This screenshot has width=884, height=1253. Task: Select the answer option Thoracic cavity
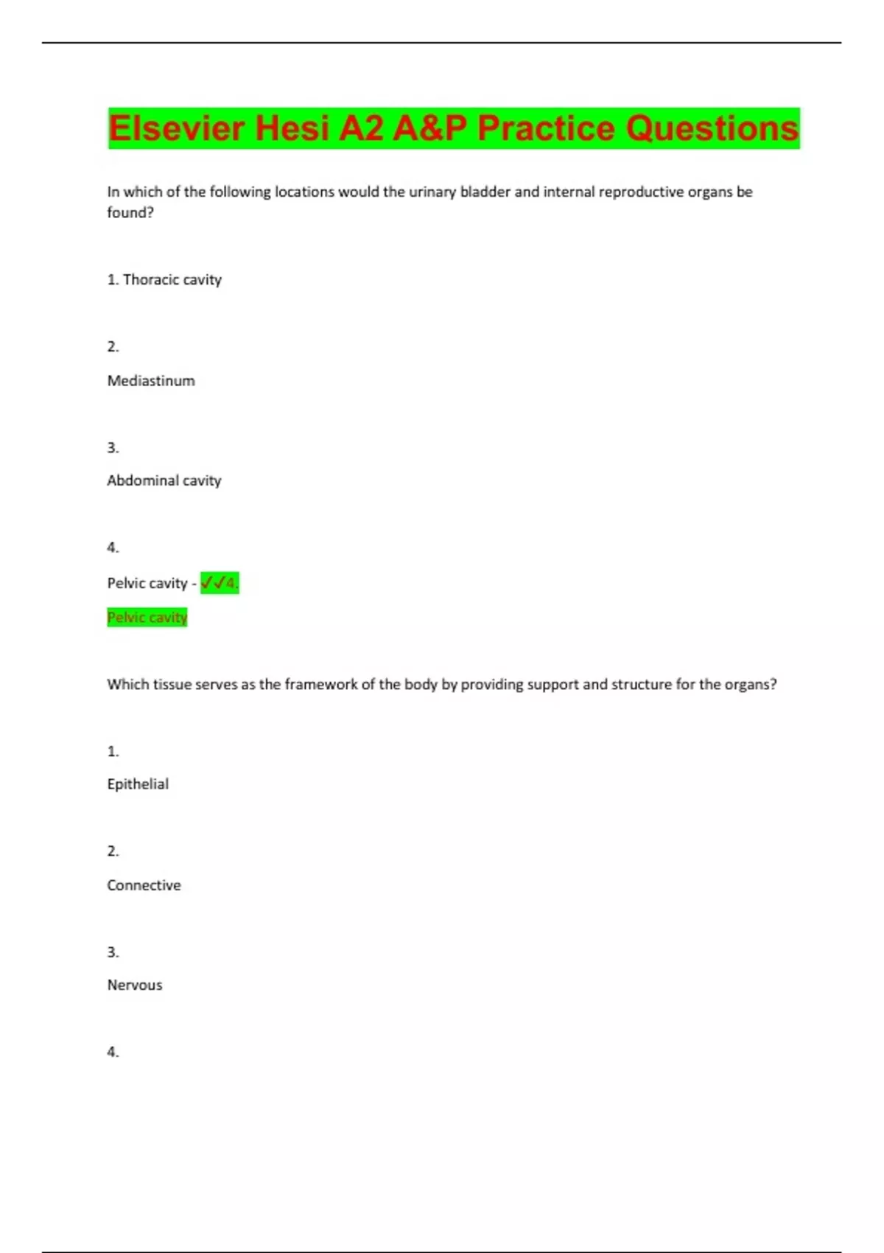pos(172,279)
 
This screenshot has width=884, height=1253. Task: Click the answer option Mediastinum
pos(151,381)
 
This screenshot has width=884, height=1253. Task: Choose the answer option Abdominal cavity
pos(164,481)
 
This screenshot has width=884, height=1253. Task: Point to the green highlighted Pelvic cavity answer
pos(147,617)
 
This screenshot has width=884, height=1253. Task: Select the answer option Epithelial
pos(138,784)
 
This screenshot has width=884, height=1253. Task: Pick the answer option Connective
pos(144,885)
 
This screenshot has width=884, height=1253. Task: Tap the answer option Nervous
pos(135,985)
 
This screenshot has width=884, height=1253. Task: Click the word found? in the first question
pos(130,213)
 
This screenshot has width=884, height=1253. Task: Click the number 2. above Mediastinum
pos(113,347)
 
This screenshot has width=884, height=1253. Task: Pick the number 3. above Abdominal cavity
pos(113,448)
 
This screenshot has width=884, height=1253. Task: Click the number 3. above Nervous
pos(113,952)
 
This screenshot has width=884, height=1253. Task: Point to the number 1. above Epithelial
pos(113,752)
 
